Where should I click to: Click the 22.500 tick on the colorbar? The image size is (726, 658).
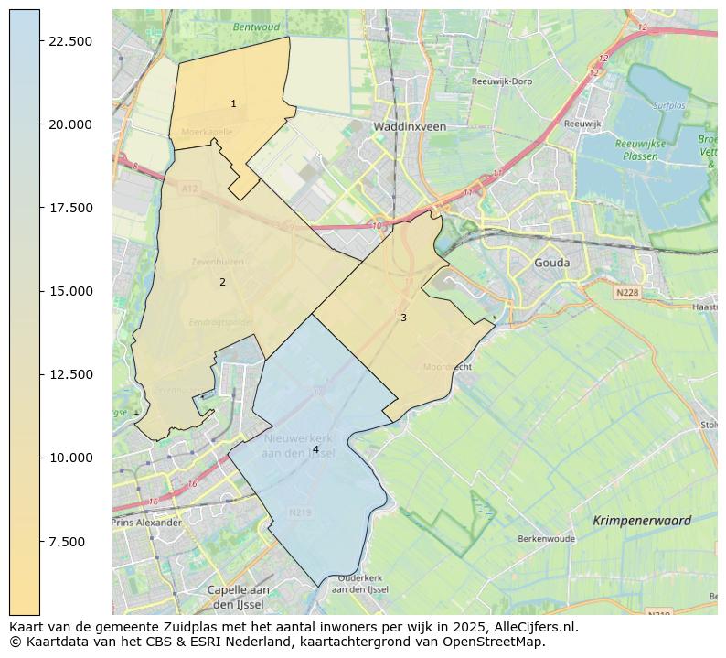click(x=69, y=41)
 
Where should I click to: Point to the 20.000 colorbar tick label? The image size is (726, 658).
click(x=69, y=124)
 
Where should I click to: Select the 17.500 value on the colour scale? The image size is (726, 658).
click(x=69, y=208)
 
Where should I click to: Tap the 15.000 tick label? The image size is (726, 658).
click(x=69, y=291)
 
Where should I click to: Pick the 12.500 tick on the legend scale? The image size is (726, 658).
click(x=69, y=374)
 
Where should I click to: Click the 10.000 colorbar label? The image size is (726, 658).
click(x=69, y=458)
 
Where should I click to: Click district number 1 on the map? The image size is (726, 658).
click(x=233, y=104)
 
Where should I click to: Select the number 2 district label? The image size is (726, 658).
click(x=222, y=282)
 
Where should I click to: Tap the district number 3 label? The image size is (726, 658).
click(x=403, y=318)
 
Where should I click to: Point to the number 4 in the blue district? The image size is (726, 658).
click(x=315, y=449)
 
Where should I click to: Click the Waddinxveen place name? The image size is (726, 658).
click(x=410, y=126)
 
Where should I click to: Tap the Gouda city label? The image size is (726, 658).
click(x=551, y=263)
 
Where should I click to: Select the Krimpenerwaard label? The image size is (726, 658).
click(x=642, y=521)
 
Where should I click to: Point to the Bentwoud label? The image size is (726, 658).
click(x=256, y=27)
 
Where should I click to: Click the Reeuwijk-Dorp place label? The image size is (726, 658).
click(x=502, y=81)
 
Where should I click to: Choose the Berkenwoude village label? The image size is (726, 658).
click(x=546, y=539)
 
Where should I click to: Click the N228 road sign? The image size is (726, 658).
click(x=626, y=292)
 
